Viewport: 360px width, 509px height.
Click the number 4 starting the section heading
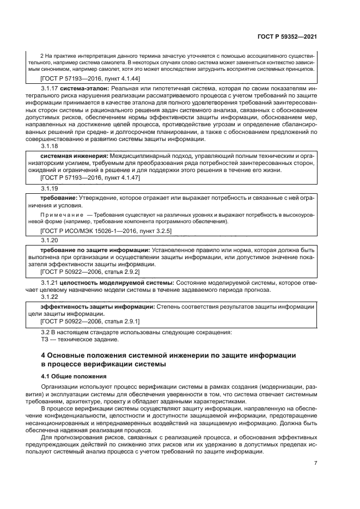(44, 355)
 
